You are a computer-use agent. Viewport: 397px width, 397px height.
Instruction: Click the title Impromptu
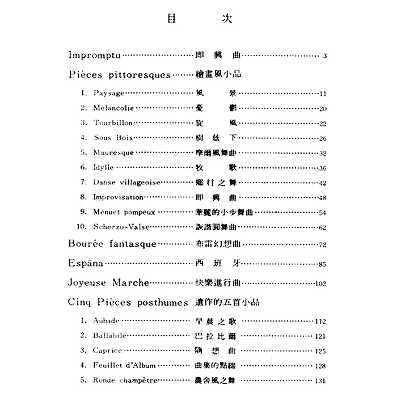[94, 56]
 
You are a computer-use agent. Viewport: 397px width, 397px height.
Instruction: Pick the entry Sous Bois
[110, 138]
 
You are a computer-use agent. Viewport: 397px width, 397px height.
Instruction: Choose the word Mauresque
[113, 153]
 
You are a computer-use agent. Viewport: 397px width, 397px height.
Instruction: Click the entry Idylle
[105, 167]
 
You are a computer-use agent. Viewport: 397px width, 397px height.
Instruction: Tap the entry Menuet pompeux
[124, 212]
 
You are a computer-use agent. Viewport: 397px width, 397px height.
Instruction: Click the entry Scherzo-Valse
[121, 227]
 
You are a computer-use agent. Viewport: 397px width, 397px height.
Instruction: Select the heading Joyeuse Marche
[108, 282]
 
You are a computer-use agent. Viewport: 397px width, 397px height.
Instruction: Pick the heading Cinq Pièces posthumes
[128, 302]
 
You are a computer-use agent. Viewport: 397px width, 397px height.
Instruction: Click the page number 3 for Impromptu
[326, 56]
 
